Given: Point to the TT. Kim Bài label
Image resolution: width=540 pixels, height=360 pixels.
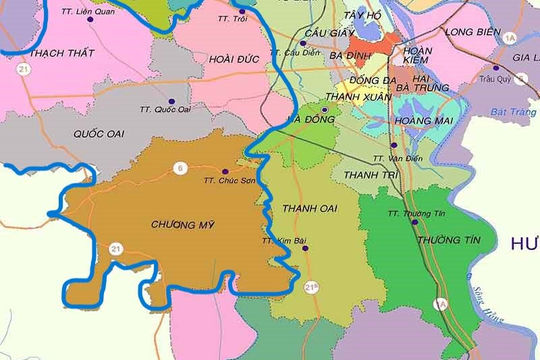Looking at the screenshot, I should click(280, 240).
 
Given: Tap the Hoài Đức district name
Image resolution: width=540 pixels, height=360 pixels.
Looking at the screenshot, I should click(236, 60).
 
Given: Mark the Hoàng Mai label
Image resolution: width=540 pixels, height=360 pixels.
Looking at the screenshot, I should click(417, 121).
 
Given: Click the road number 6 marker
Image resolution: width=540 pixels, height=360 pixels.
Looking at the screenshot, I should click(180, 166).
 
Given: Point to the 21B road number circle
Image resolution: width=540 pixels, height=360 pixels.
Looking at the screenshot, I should click(312, 288).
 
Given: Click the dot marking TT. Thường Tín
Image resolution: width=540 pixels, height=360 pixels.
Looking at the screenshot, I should click(414, 223).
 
